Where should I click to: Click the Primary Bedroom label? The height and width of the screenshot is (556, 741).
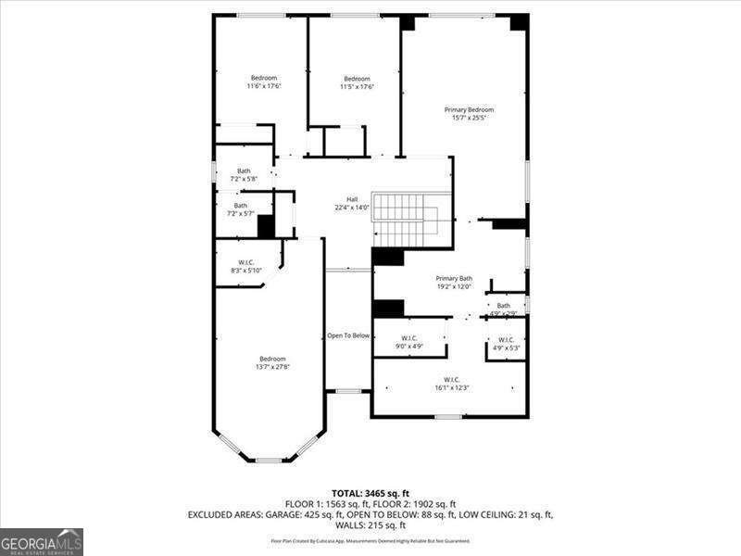pos(469,109)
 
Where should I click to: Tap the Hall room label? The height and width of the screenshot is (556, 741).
pos(352,199)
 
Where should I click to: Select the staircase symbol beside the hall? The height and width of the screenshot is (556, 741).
pos(405,220)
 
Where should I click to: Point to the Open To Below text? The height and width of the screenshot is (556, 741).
pos(348,335)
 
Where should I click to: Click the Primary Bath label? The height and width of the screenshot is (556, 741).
pos(454,278)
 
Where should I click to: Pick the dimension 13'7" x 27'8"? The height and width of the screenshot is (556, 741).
pos(272,367)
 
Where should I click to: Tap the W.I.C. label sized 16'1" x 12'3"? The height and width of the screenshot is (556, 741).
pos(452,379)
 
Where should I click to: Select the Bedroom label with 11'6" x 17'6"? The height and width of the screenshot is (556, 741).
pos(264,78)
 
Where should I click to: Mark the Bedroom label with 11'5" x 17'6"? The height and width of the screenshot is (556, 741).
pos(357,79)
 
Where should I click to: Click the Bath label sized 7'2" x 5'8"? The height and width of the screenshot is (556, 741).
pos(244,171)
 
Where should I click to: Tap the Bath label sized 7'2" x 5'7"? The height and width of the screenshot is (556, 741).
pos(241,206)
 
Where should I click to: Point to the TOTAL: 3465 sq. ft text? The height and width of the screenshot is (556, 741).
pos(370,492)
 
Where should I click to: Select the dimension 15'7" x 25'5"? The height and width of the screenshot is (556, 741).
pos(469,118)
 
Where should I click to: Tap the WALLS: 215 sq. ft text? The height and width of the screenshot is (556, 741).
pos(370,524)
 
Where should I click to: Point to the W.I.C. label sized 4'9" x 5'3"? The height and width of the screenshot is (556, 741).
pos(506,340)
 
